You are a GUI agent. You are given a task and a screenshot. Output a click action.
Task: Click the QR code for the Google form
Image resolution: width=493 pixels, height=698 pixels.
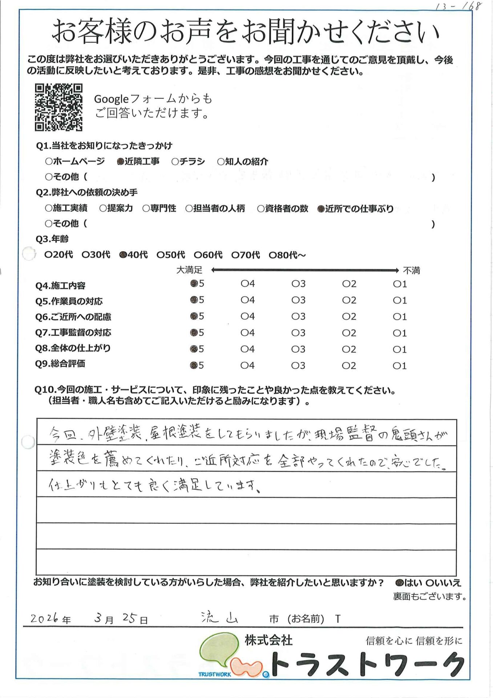(x=58, y=107)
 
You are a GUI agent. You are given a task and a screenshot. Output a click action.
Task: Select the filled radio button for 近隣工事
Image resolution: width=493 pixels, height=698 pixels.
(x=120, y=162)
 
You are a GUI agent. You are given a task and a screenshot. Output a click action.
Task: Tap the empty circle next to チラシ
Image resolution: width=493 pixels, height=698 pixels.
(x=175, y=162)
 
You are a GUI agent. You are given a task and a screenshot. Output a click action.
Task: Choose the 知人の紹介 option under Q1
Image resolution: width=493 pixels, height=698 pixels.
(x=221, y=162)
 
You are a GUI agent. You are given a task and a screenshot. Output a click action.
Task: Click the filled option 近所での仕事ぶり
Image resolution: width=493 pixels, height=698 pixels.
(x=321, y=209)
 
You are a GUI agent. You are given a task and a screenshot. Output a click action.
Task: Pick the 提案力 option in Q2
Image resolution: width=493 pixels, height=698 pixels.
(x=103, y=209)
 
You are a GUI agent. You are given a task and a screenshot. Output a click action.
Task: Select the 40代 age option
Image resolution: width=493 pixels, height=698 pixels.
(x=123, y=255)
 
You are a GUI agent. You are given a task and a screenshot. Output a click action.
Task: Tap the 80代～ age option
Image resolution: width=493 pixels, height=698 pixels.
(x=272, y=255)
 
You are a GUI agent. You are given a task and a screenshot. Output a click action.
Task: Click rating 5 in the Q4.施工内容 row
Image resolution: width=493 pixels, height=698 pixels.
(x=194, y=284)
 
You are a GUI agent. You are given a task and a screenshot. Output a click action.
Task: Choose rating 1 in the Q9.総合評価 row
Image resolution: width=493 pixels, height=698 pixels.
(x=396, y=366)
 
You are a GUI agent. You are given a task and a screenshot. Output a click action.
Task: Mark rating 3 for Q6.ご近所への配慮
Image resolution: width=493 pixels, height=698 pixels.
(x=295, y=317)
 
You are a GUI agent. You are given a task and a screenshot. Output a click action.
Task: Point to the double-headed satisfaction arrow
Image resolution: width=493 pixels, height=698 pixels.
(x=305, y=270)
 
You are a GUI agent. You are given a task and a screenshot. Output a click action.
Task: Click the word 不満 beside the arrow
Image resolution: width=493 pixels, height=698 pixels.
(x=411, y=270)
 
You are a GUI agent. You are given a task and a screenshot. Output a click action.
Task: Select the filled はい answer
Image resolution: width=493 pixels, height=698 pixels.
(x=399, y=583)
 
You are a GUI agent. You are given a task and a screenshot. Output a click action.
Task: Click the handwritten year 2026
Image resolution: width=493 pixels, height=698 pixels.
(x=44, y=618)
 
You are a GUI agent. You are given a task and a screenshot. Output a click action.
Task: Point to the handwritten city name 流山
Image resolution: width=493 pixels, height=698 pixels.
(x=219, y=617)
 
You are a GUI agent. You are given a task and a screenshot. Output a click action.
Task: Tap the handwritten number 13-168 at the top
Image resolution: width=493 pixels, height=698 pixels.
(x=458, y=7)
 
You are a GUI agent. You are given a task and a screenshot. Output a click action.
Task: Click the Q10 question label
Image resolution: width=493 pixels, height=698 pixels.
(x=215, y=391)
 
